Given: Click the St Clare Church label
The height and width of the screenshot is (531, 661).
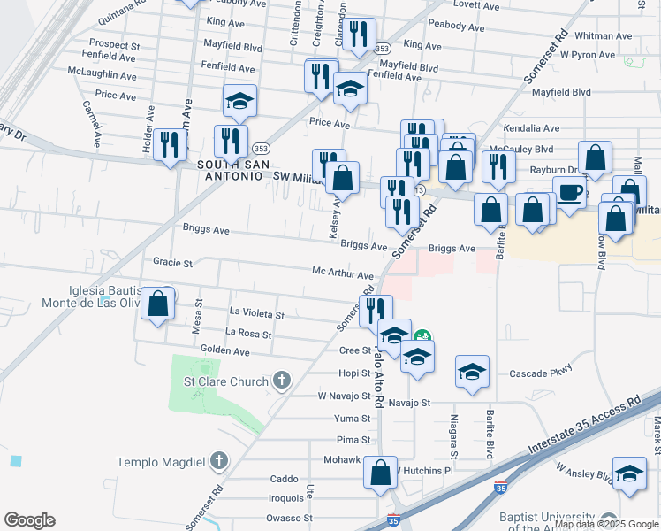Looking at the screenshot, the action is click(x=224, y=381).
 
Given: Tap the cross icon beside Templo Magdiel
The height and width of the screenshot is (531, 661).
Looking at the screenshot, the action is click(x=219, y=461).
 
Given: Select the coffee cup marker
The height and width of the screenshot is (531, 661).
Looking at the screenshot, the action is click(x=570, y=192).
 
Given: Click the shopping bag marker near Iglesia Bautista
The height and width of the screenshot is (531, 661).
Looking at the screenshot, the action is click(x=158, y=304).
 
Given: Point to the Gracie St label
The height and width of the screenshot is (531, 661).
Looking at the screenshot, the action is click(x=172, y=263).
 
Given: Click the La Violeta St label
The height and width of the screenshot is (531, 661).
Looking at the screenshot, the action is click(x=256, y=314).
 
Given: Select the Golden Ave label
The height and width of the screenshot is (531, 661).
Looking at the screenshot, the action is click(x=225, y=351).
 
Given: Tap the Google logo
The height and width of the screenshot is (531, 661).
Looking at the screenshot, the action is click(x=29, y=519).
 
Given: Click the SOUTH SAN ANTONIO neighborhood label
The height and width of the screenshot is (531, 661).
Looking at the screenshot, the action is click(x=231, y=171).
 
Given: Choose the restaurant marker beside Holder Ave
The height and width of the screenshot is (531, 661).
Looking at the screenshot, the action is click(x=169, y=143).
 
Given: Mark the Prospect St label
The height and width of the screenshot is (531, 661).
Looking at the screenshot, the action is click(x=115, y=44).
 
